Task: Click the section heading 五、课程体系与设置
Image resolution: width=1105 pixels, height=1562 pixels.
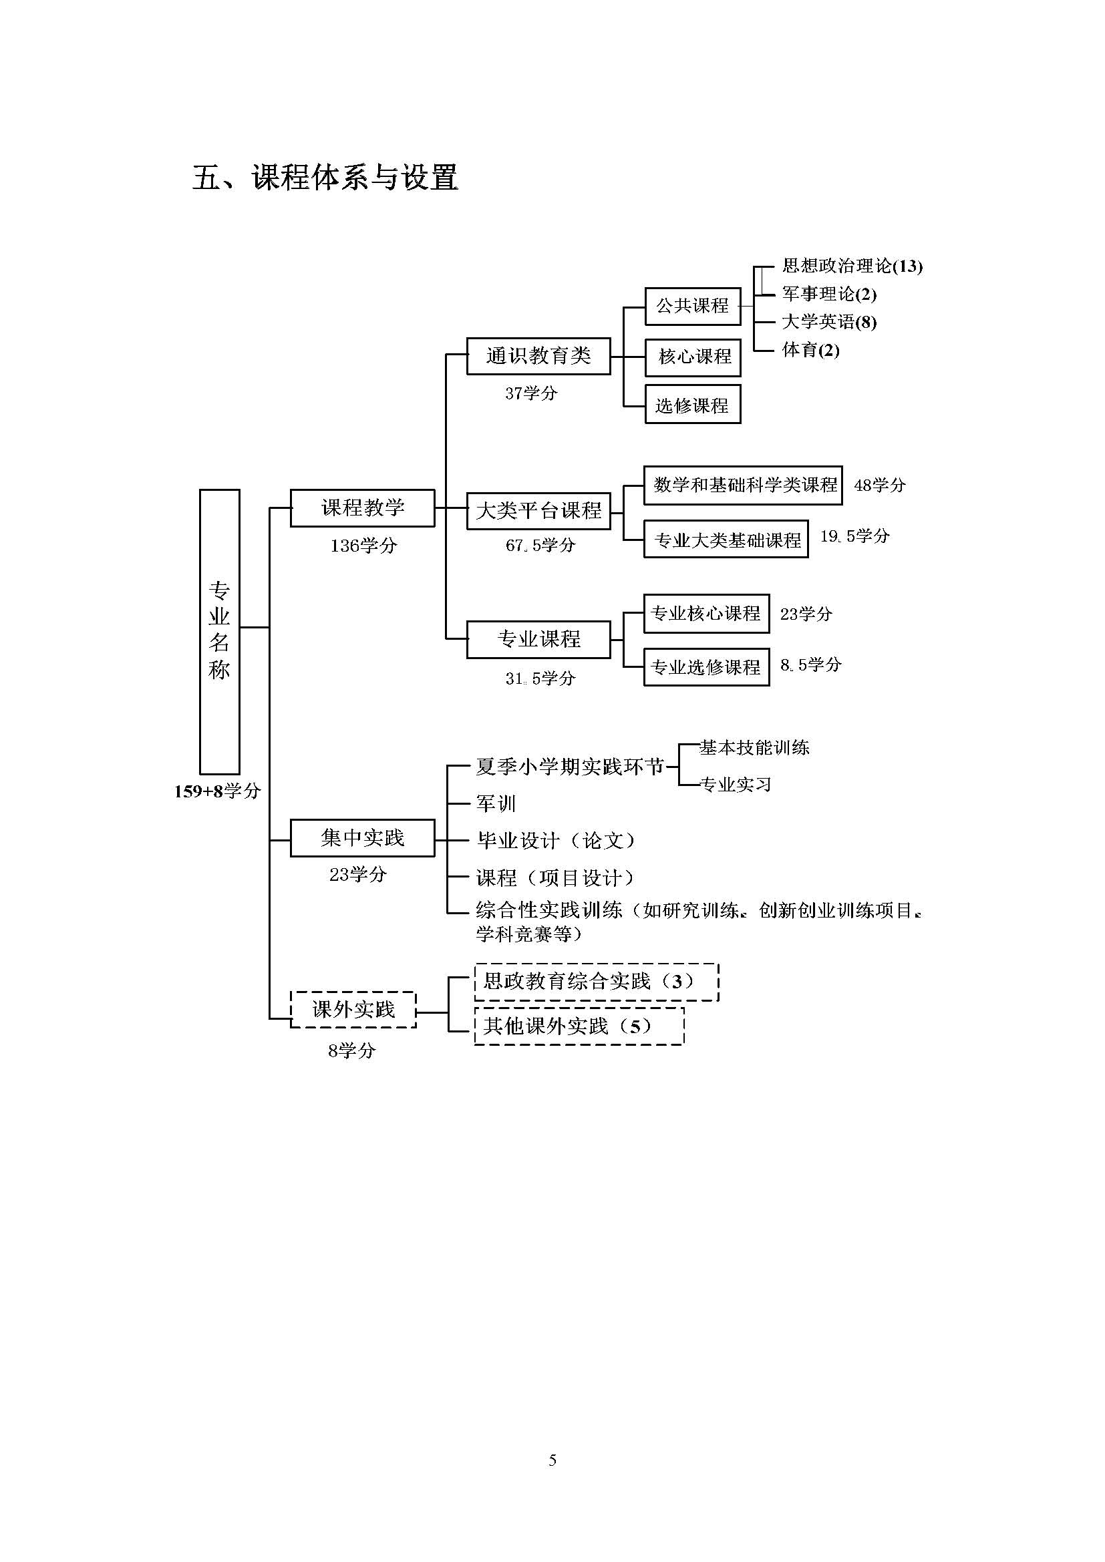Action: (x=325, y=178)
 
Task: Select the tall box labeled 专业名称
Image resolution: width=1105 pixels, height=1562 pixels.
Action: (x=220, y=631)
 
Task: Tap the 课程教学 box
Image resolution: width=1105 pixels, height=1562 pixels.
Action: (x=363, y=508)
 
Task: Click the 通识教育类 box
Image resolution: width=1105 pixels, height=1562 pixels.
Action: (x=538, y=356)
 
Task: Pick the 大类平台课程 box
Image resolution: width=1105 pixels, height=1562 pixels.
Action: (x=538, y=511)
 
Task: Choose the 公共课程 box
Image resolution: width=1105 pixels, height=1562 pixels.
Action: (x=693, y=306)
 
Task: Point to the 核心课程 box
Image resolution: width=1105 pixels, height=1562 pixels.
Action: (x=693, y=357)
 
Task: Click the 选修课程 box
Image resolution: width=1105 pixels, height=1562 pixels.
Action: (x=693, y=405)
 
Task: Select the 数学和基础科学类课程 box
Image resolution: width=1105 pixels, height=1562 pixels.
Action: (x=743, y=485)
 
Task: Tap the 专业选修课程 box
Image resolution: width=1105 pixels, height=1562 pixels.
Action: (x=706, y=666)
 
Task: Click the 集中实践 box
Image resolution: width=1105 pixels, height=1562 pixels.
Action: (x=363, y=838)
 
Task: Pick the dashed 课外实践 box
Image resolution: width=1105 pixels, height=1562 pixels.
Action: (x=353, y=1010)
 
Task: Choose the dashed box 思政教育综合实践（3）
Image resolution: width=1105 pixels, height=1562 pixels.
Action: (x=597, y=982)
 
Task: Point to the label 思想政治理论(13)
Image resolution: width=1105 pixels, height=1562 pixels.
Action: (x=852, y=266)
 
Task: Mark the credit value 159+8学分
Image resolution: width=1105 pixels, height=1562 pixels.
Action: (x=217, y=791)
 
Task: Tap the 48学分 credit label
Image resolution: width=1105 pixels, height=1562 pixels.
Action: (x=880, y=485)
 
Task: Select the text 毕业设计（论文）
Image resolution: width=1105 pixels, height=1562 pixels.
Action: (x=556, y=841)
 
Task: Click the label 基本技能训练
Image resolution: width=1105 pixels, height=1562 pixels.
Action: (x=754, y=748)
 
